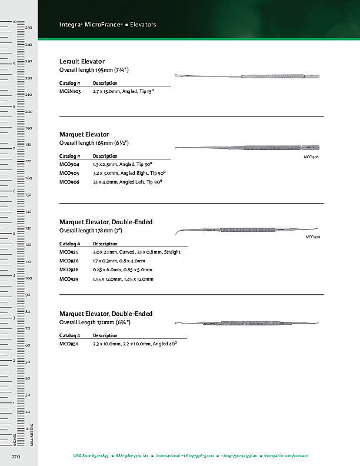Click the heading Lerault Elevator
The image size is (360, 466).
tap(82, 61)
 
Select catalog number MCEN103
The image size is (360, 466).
tap(70, 92)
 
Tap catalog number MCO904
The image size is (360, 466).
tap(69, 164)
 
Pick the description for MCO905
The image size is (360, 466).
tap(129, 174)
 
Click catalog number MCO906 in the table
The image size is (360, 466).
tap(69, 182)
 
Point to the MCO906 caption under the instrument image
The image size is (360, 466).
tap(311, 157)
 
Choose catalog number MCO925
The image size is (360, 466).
tap(69, 252)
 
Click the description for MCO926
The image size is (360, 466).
tap(119, 261)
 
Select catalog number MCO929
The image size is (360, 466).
tap(69, 279)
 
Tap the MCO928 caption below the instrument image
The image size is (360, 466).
tap(312, 237)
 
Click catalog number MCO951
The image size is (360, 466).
tap(69, 343)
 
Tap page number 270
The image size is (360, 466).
tap(16, 457)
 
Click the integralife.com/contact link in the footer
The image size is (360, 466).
tap(286, 456)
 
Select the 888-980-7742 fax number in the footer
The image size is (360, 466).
tap(132, 456)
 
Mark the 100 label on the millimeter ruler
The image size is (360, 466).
tap(28, 278)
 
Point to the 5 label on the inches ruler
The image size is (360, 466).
tap(14, 234)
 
